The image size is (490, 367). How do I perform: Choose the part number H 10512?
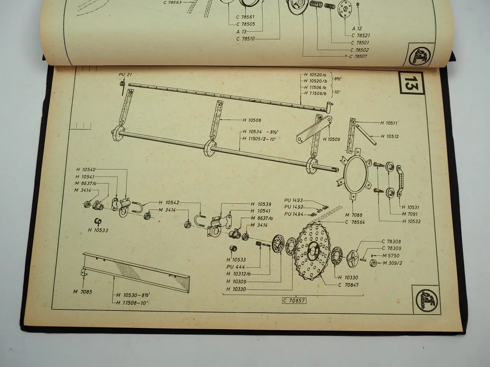tap(390, 136)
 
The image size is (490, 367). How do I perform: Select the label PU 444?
tap(235, 267)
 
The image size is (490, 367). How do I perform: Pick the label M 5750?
tap(390, 255)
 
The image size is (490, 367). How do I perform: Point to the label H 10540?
tap(86, 170)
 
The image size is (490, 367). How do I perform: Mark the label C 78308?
tap(391, 241)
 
